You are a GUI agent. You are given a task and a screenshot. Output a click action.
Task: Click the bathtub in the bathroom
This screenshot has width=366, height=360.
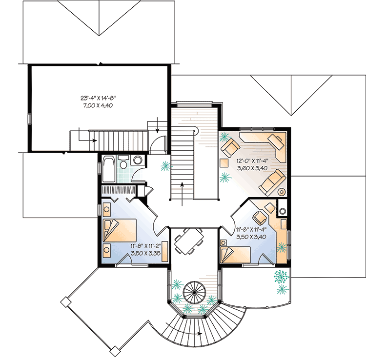109,168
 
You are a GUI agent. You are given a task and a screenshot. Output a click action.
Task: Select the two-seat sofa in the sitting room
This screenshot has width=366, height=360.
271,181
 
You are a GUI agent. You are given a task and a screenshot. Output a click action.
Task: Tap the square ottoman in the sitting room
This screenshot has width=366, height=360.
224,162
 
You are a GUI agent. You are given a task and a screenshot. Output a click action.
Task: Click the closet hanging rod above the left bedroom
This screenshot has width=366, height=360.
119,190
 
